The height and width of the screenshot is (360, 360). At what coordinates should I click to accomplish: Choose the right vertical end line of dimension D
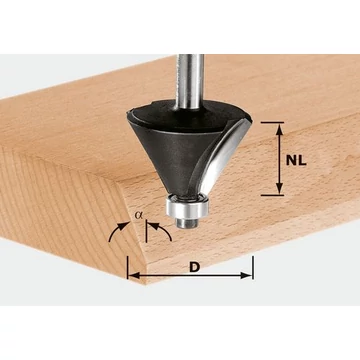(253, 265)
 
